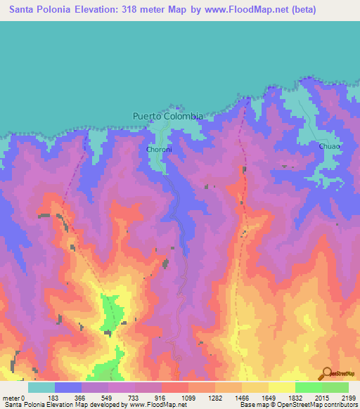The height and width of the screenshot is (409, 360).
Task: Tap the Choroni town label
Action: (156, 150)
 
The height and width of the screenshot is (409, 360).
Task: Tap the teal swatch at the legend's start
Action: (41, 387)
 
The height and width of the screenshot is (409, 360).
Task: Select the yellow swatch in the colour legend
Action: (281, 387)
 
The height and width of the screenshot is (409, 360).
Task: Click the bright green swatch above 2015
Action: (308, 387)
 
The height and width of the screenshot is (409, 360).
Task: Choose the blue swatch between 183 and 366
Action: (67, 387)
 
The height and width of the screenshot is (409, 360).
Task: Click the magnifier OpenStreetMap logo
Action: (326, 373)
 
